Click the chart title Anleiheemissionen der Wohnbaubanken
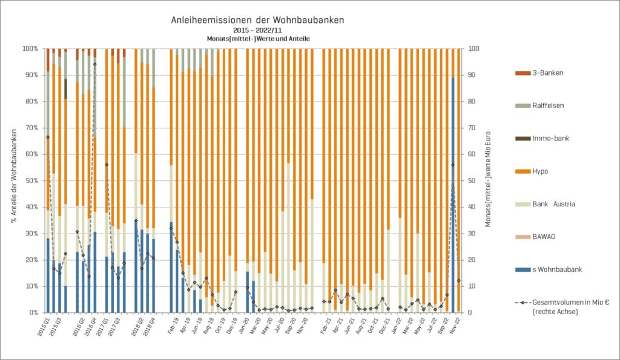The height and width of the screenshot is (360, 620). tap(259, 19)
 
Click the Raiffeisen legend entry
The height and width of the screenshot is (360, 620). tap(547, 105)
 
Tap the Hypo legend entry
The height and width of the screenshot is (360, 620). tap(541, 172)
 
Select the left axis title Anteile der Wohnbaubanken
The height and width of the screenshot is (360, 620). tap(13, 175)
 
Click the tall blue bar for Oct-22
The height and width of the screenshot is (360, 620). tap(453, 194)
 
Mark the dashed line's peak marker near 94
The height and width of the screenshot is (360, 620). tap(94, 64)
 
